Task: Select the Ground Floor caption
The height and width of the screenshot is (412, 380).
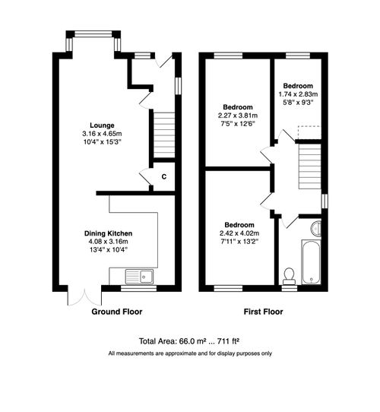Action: coord(117,312)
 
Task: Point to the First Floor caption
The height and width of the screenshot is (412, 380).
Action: coord(263,312)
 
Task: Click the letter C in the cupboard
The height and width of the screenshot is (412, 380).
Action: coord(163,177)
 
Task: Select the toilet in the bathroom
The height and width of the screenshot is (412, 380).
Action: coord(288,274)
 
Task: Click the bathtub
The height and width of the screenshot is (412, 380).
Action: coord(311,263)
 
